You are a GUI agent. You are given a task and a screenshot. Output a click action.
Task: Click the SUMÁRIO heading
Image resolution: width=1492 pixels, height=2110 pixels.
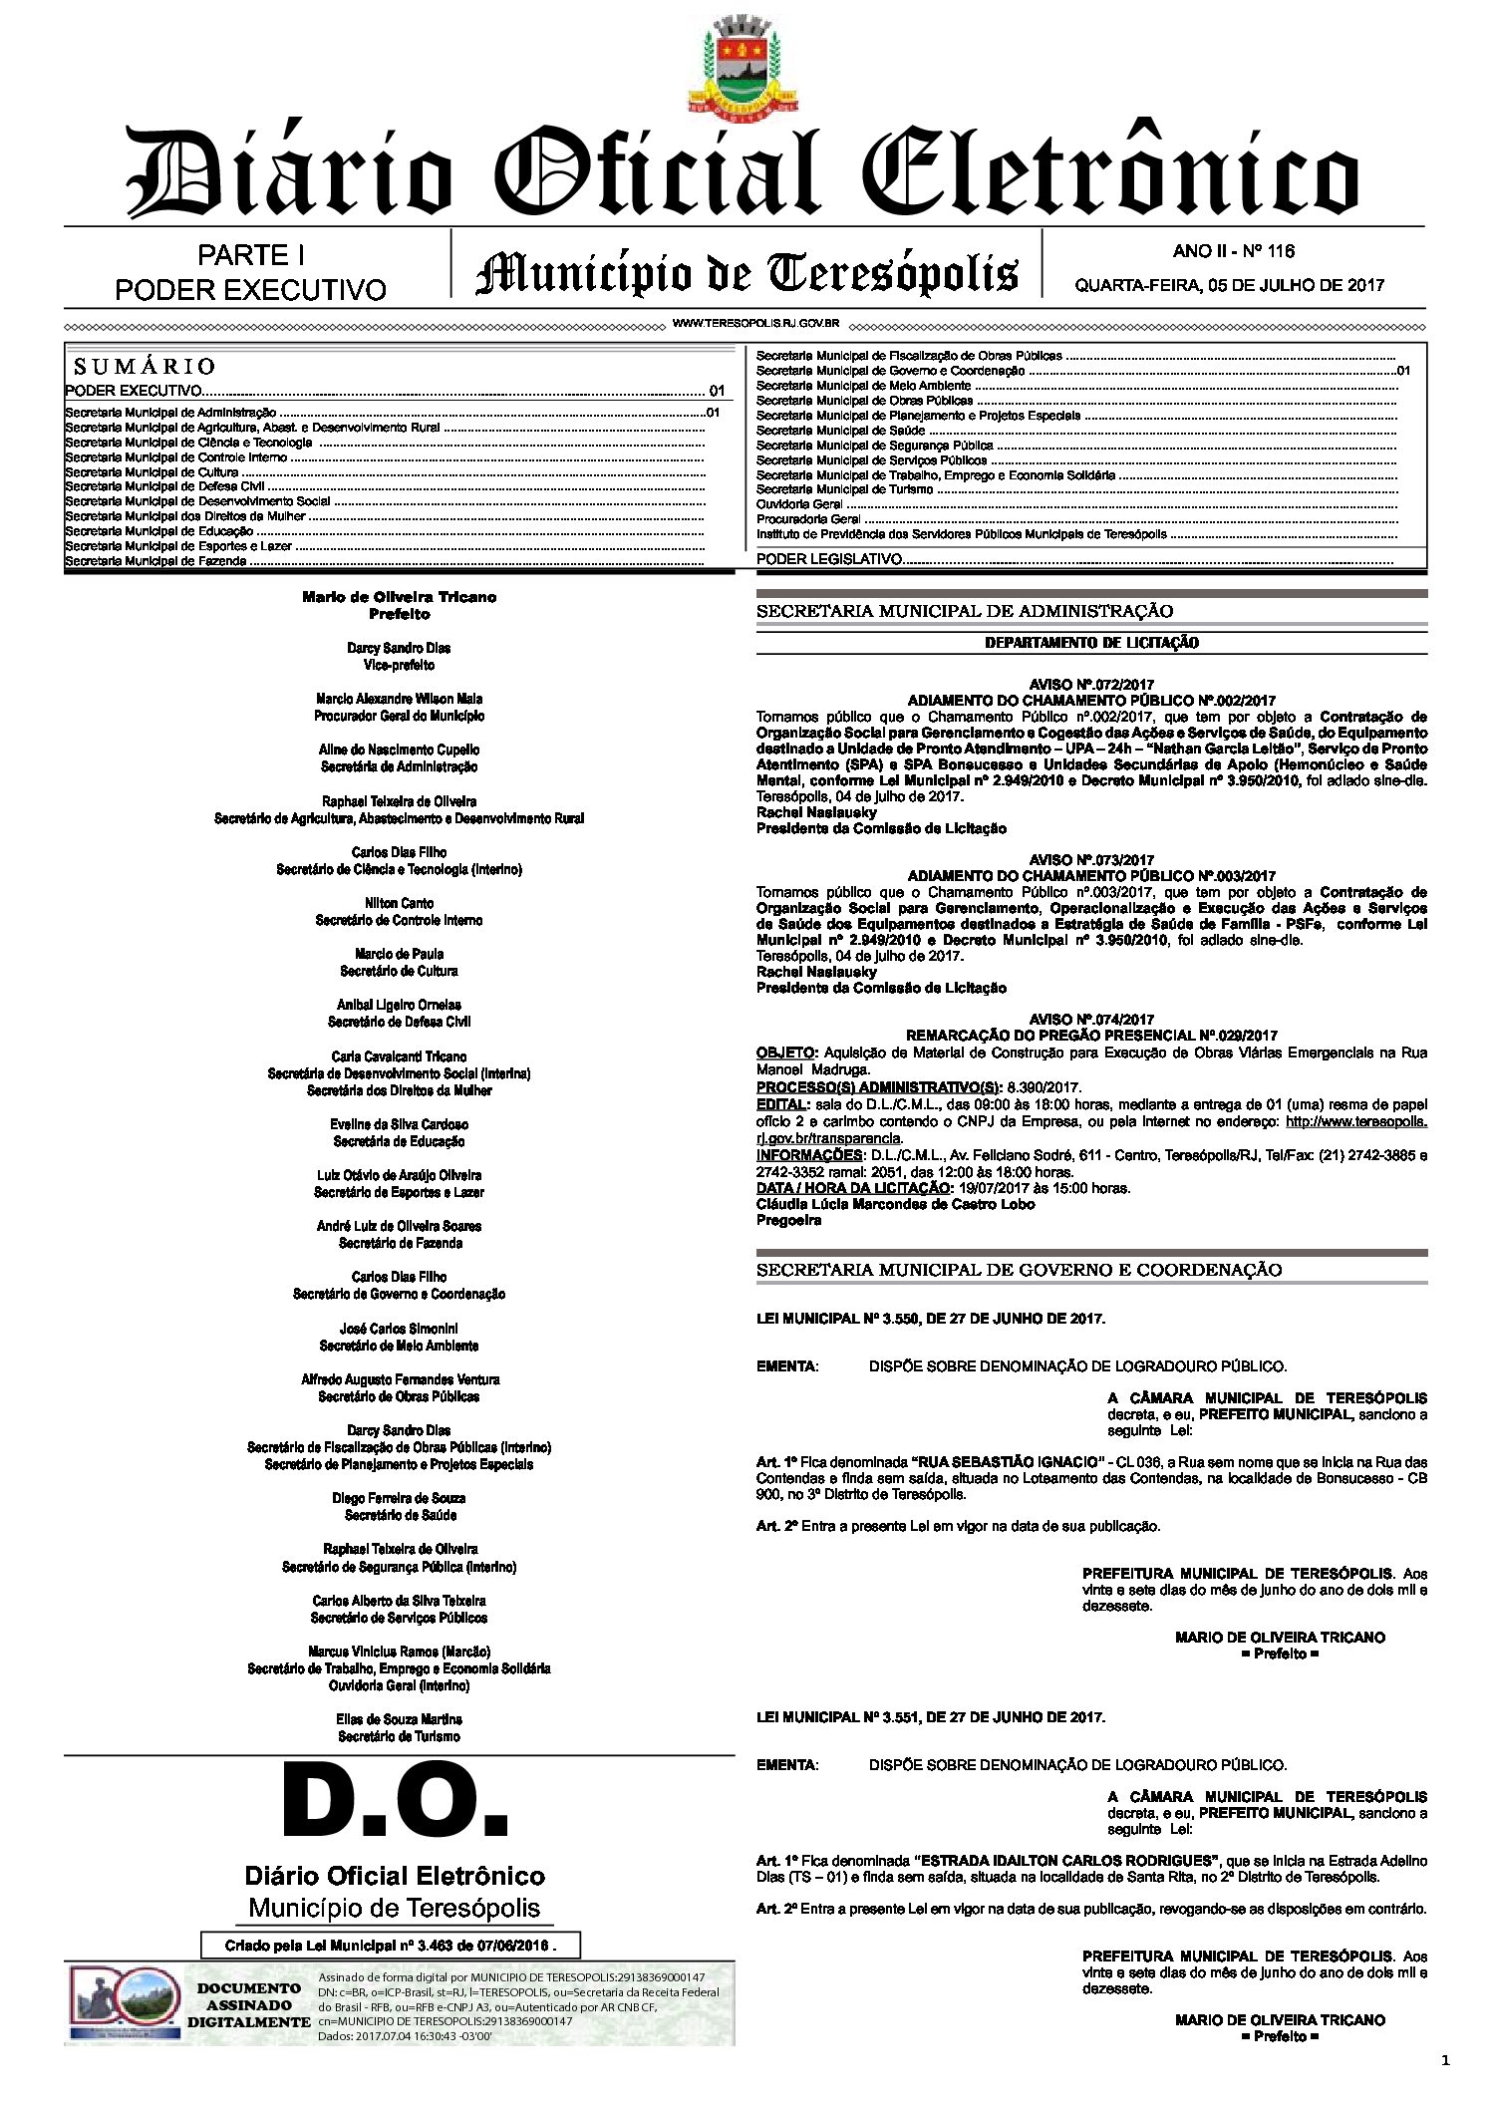(x=144, y=366)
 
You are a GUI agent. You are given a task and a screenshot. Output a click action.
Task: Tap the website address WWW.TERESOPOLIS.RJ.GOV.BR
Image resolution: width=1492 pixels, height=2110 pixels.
(x=755, y=324)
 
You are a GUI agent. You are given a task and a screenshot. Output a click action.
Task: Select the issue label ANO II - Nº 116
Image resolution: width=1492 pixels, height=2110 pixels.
(x=1233, y=251)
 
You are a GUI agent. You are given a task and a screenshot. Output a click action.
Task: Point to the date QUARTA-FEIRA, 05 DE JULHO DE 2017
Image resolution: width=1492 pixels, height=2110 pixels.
(x=1229, y=285)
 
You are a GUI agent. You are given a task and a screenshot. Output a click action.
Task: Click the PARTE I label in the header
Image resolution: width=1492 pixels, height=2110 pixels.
(x=251, y=256)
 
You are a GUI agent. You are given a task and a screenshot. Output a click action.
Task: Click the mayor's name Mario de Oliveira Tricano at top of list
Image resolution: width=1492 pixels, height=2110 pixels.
(x=399, y=597)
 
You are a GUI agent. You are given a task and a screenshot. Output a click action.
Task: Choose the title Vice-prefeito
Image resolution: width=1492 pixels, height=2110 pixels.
(x=399, y=665)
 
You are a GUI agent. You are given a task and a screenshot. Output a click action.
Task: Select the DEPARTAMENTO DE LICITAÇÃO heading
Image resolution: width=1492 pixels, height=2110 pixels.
(x=1091, y=643)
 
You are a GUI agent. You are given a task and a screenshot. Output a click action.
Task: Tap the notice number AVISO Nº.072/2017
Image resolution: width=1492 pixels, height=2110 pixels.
(x=1091, y=685)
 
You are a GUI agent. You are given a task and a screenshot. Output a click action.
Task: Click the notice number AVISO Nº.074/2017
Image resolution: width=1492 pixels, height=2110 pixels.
(x=1091, y=1020)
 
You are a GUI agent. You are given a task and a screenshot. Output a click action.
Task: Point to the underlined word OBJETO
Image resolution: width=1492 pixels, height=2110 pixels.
(x=785, y=1053)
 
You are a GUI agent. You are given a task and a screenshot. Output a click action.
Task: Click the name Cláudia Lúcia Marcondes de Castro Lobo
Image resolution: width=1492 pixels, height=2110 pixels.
(x=895, y=1204)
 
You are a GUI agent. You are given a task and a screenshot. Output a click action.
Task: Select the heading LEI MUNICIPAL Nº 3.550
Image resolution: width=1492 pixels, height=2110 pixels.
(x=930, y=1319)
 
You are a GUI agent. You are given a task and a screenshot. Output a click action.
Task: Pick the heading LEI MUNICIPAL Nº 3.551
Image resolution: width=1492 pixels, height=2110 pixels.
(x=930, y=1717)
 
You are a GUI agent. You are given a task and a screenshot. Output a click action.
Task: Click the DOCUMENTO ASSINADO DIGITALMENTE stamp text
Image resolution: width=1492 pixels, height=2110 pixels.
(x=249, y=2004)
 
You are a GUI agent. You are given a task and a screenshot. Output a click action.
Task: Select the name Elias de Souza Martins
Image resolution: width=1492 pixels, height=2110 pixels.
(x=399, y=1719)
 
